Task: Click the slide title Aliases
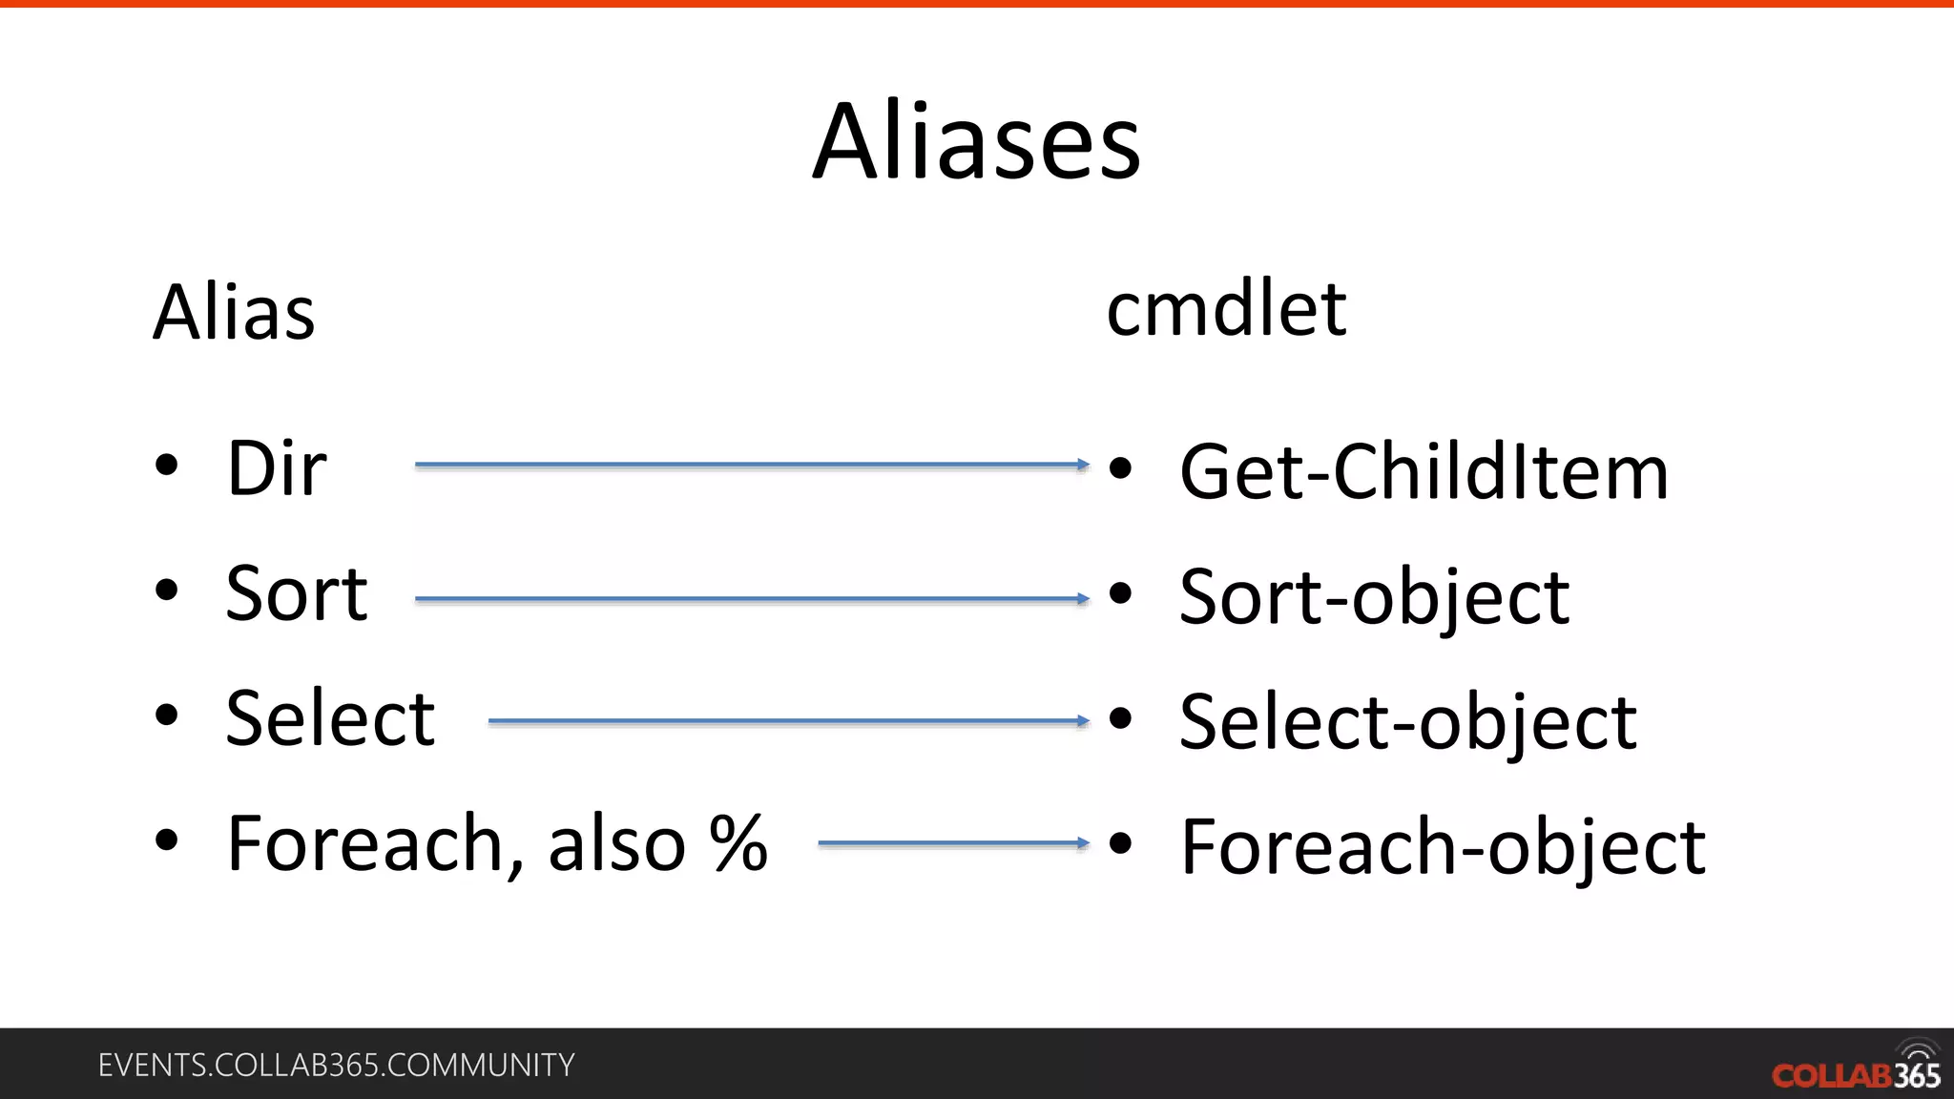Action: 976,142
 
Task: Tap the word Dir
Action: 277,468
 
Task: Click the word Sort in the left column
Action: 296,593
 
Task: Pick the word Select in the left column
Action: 330,718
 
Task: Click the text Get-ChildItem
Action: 1424,471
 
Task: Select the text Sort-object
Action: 1374,597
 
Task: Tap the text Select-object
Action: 1407,722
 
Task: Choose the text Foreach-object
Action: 1443,847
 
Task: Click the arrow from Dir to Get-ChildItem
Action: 751,465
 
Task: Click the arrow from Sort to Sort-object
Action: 751,599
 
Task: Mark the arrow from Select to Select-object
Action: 787,721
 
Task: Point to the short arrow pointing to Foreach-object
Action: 952,843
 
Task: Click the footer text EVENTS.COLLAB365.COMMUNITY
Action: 336,1065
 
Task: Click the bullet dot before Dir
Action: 167,466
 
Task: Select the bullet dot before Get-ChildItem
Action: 1120,467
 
